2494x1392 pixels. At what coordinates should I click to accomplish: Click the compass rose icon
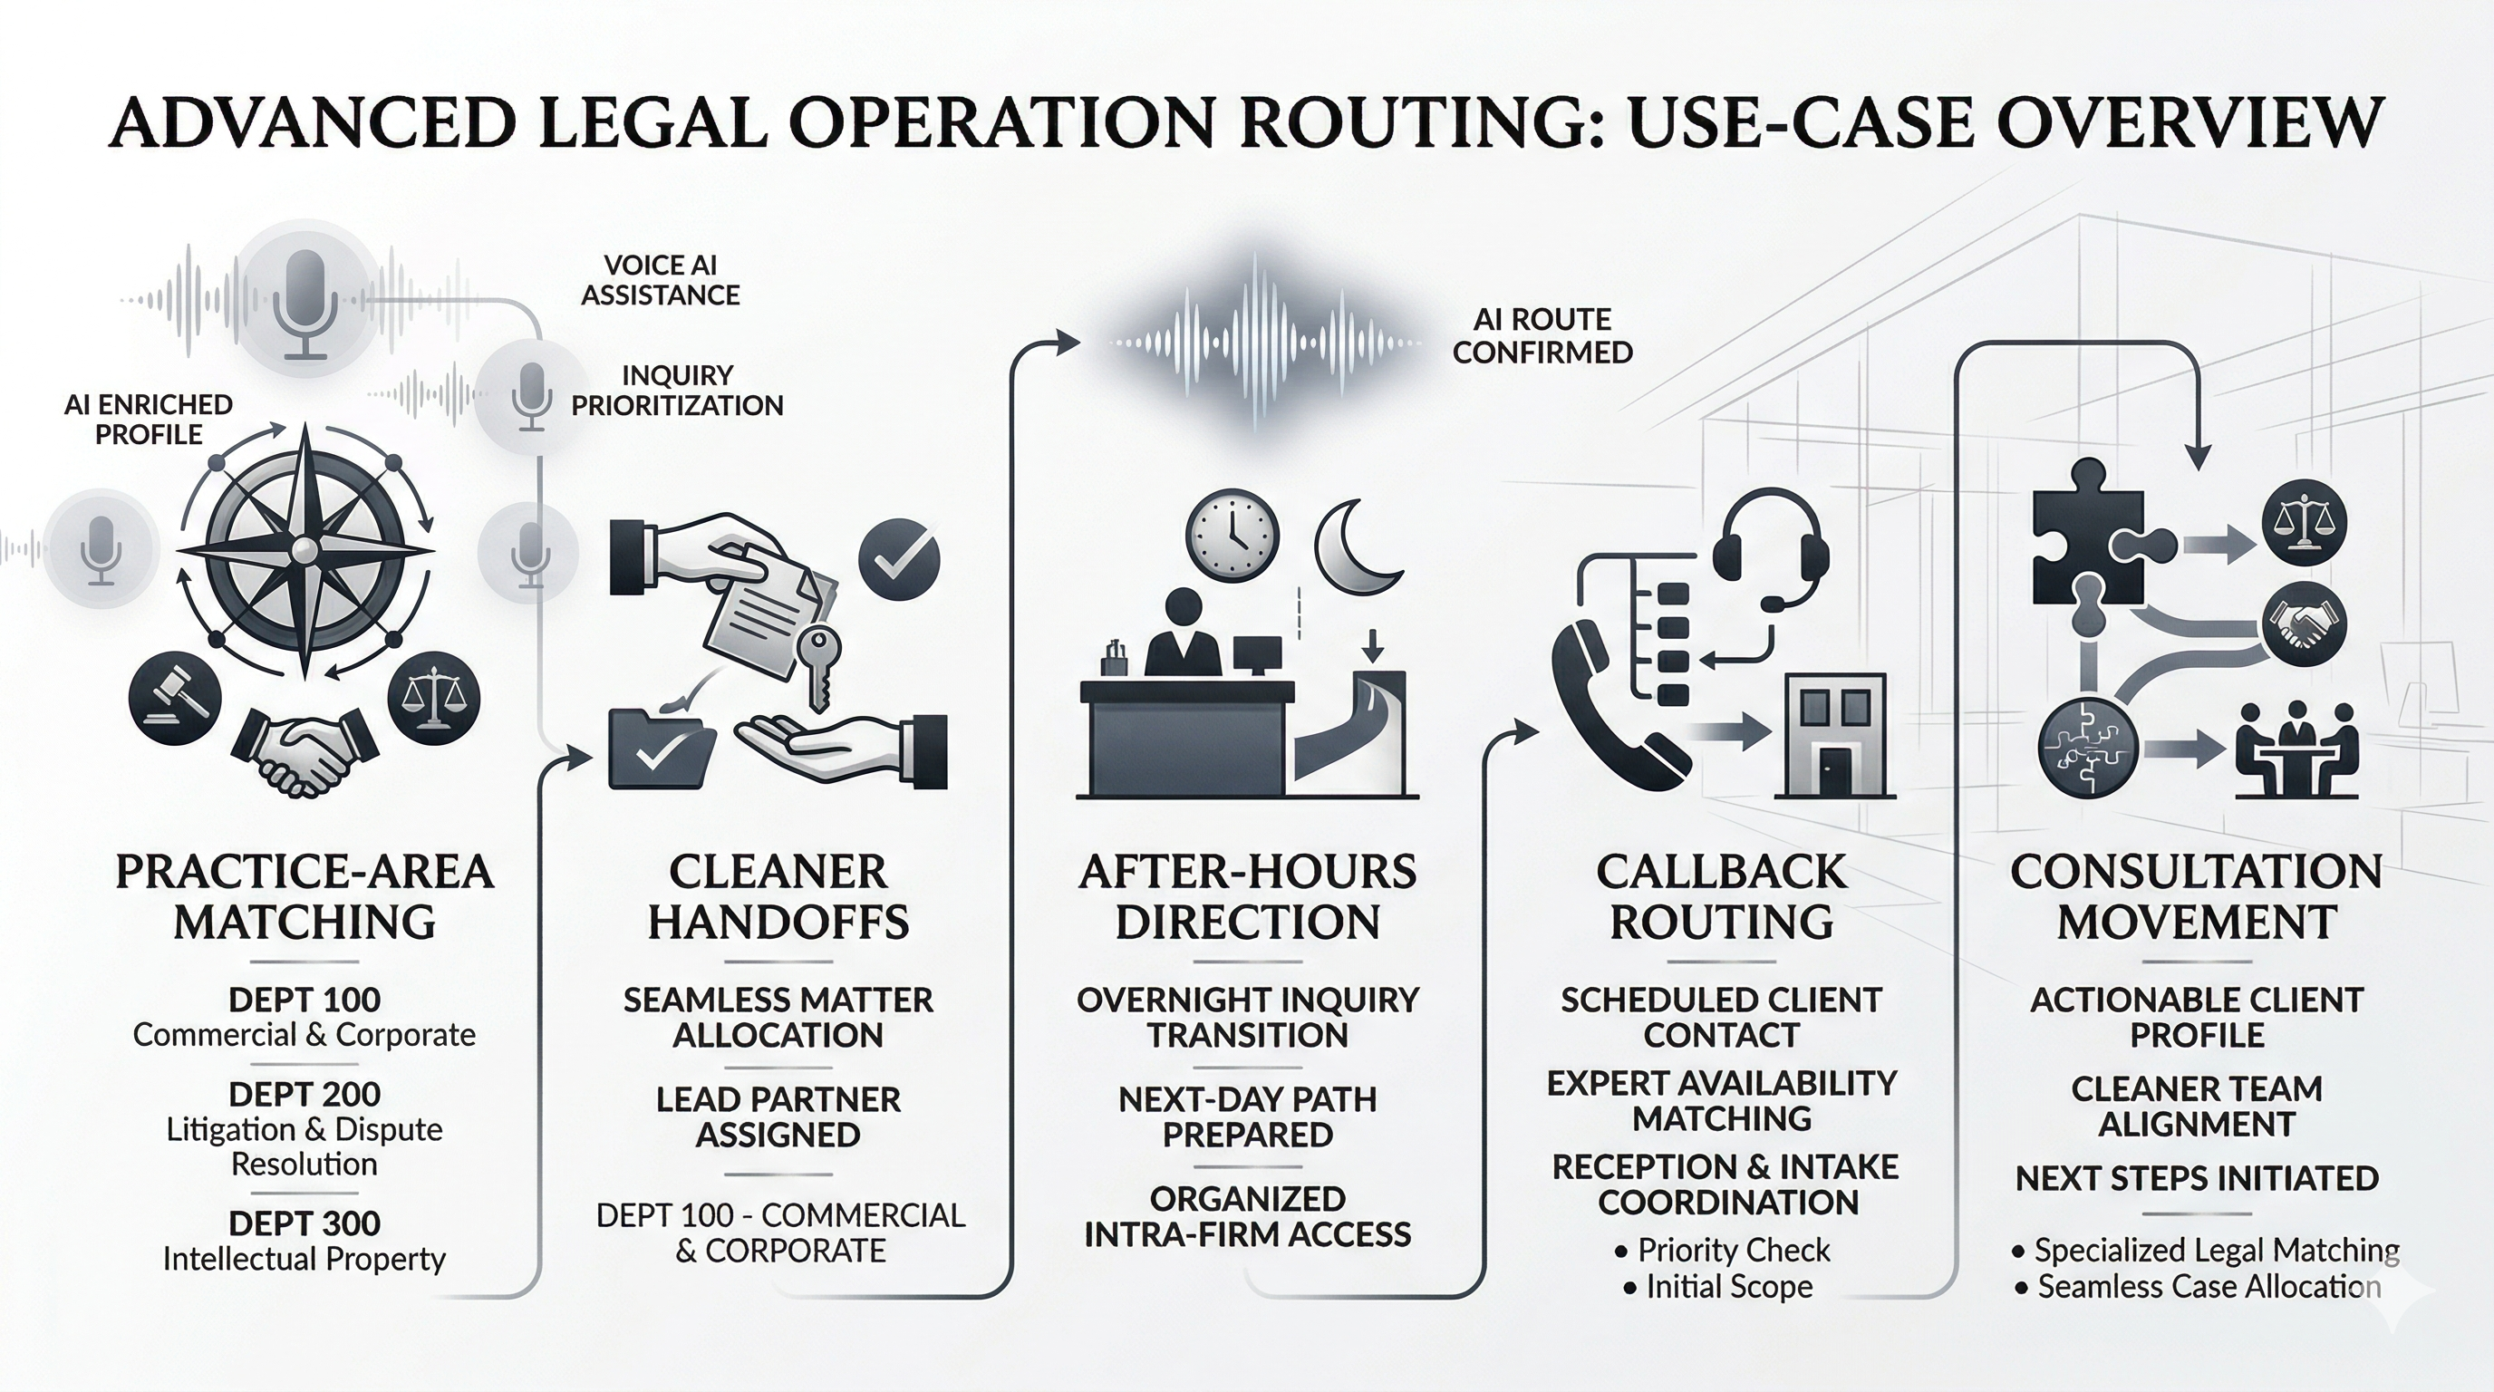pyautogui.click(x=306, y=550)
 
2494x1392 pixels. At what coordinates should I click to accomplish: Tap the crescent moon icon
pyautogui.click(x=1356, y=549)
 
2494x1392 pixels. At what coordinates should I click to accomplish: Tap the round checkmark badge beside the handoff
pyautogui.click(x=899, y=558)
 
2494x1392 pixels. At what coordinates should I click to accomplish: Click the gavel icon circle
pyautogui.click(x=175, y=698)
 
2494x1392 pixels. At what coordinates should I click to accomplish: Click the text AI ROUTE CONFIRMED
pyautogui.click(x=1542, y=336)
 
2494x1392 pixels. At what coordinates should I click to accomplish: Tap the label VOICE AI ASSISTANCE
pyautogui.click(x=661, y=280)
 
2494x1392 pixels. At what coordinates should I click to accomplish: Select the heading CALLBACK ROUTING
pyautogui.click(x=1720, y=896)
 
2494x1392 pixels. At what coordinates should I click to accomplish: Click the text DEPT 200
pyautogui.click(x=304, y=1094)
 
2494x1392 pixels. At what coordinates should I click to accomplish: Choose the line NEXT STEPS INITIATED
pyautogui.click(x=2196, y=1178)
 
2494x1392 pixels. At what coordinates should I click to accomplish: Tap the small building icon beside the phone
pyautogui.click(x=1834, y=736)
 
